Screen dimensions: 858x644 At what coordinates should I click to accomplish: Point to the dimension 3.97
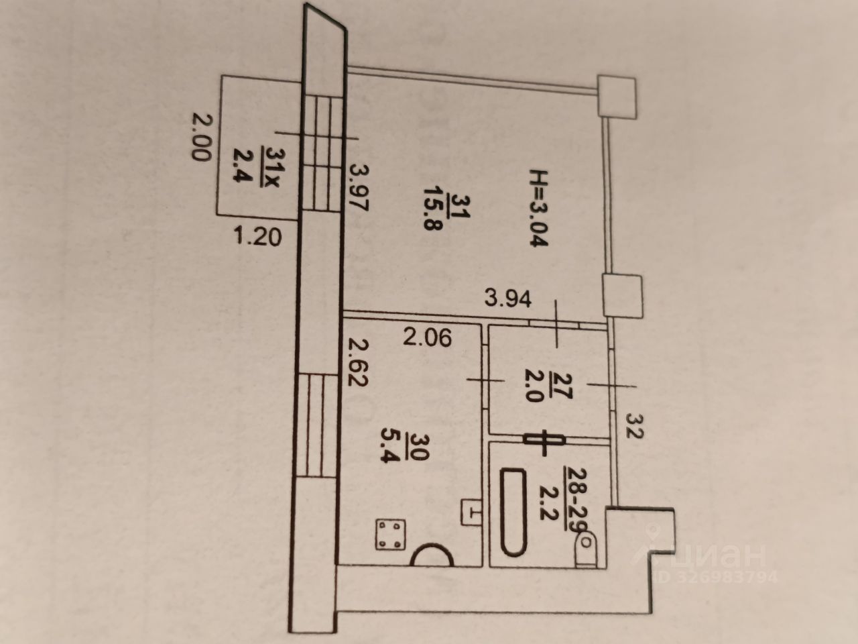360,189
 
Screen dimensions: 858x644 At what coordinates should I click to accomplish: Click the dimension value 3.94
509,297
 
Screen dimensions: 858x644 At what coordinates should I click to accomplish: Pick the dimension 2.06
426,337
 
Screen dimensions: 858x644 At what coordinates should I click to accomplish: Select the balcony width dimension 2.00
199,137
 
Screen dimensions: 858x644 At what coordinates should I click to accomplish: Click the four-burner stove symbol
390,535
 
